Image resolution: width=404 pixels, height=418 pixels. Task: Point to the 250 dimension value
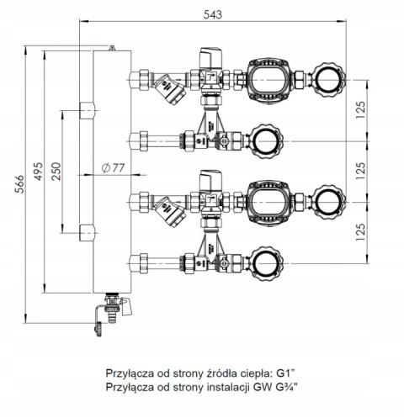click(x=56, y=171)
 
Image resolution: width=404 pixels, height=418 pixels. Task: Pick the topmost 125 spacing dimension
click(x=361, y=109)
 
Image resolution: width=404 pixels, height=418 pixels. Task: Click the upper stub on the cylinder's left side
click(x=87, y=109)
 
